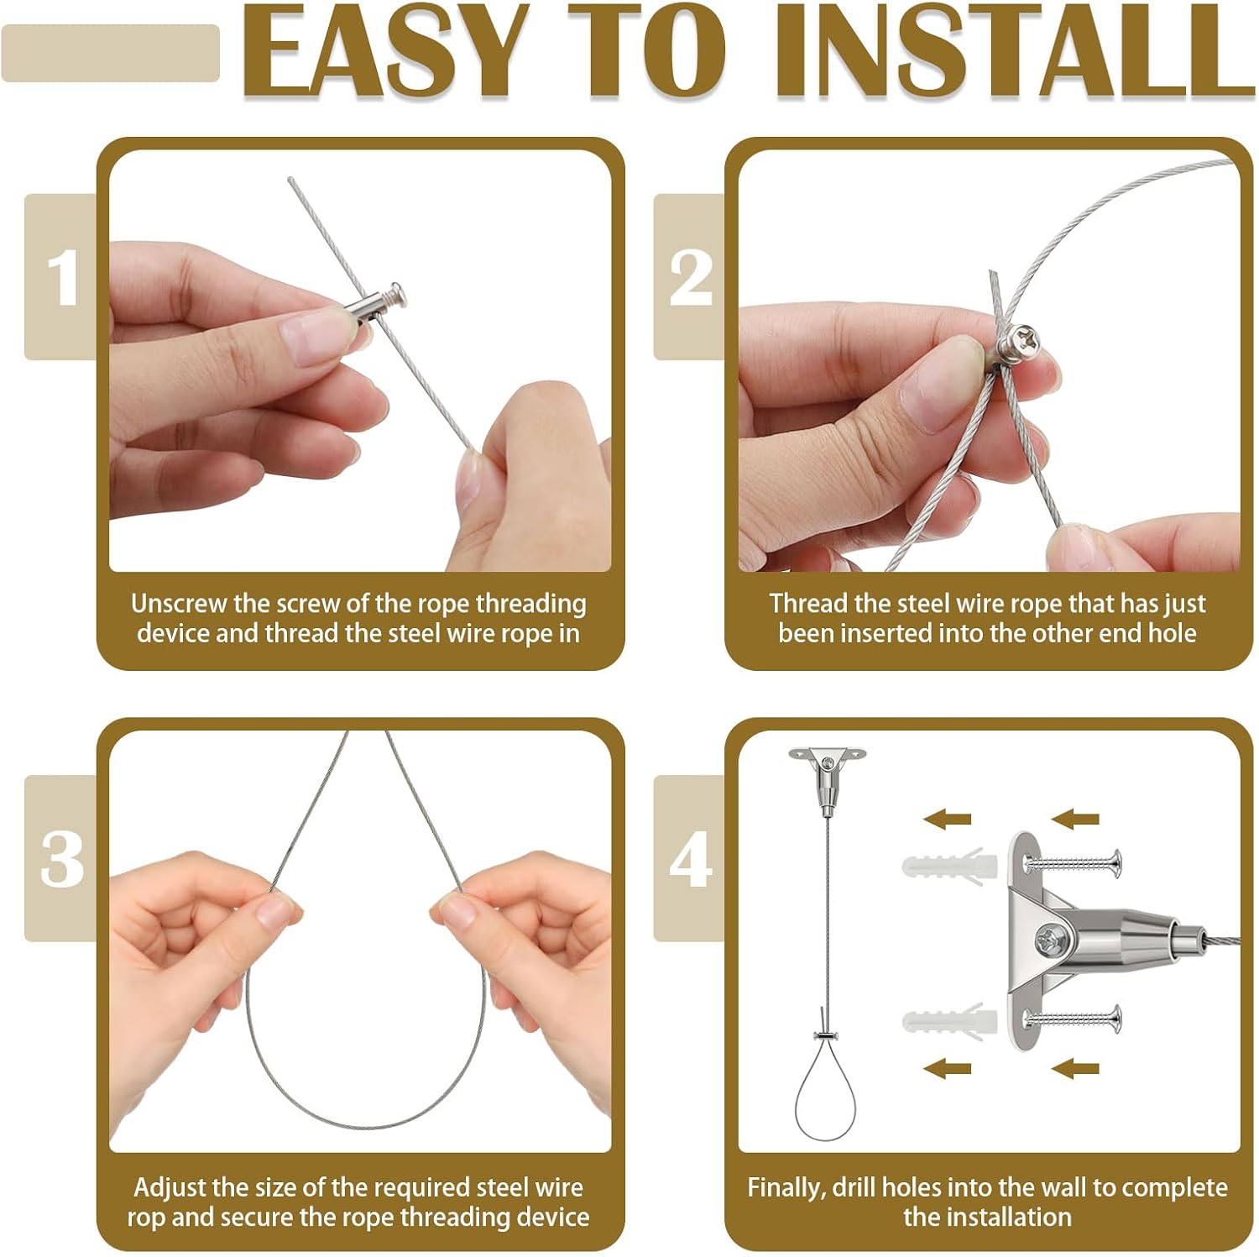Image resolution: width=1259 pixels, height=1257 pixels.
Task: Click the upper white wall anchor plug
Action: [x=948, y=865]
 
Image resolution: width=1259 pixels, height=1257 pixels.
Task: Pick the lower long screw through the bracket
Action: [x=1073, y=1019]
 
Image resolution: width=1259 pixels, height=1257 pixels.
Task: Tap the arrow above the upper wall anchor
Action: [x=948, y=819]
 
